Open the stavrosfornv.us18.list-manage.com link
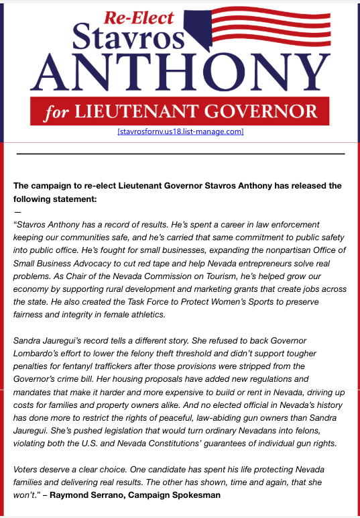click(x=180, y=132)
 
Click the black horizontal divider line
click(x=180, y=154)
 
